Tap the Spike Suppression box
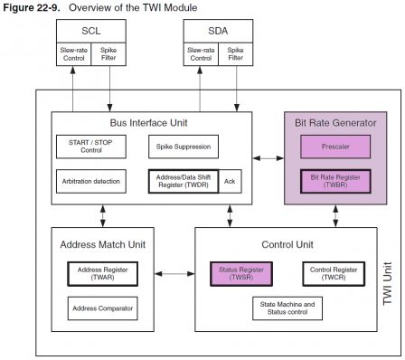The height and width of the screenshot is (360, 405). tap(184, 145)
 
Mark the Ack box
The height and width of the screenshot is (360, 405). tap(231, 181)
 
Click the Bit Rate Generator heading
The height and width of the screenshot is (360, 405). tap(334, 121)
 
